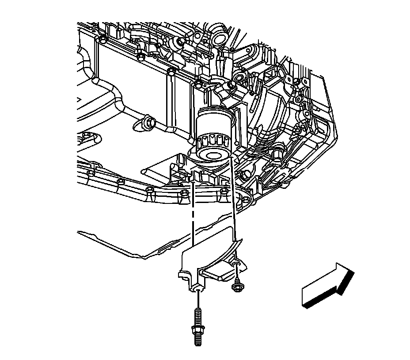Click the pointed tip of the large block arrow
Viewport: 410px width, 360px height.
click(353, 272)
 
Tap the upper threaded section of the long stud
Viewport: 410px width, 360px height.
click(197, 314)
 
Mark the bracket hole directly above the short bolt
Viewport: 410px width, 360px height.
click(237, 264)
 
